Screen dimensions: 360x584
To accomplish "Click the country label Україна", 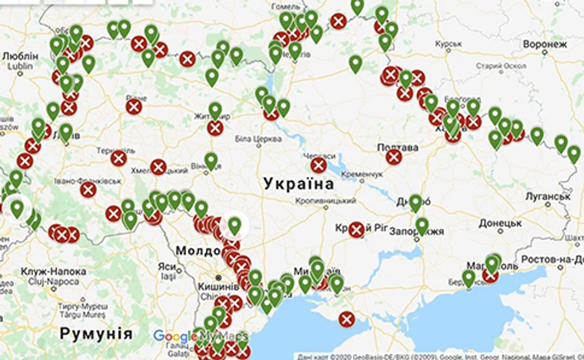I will [299, 184].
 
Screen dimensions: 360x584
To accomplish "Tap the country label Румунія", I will [96, 335].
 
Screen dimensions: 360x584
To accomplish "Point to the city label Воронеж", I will [544, 45].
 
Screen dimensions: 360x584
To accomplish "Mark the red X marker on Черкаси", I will [318, 166].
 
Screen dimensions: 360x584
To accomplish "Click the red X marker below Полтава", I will [394, 157].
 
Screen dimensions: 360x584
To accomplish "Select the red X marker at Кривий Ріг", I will [356, 230].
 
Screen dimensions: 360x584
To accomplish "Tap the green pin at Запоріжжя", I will [422, 225].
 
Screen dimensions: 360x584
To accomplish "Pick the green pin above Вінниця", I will [211, 160].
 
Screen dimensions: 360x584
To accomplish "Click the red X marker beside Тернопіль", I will [118, 159].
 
